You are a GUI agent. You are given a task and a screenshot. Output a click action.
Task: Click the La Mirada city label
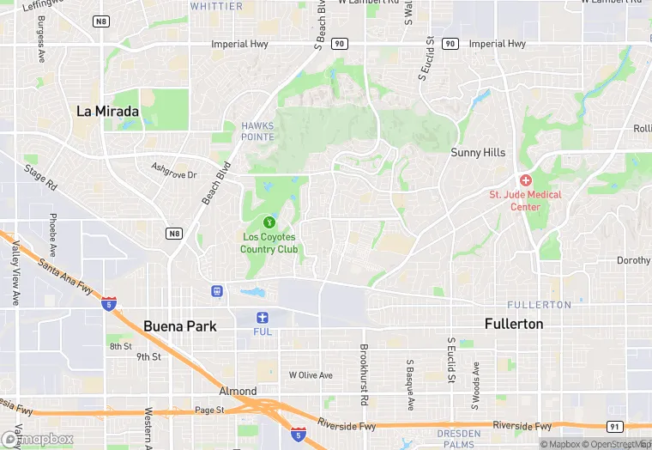tap(107, 111)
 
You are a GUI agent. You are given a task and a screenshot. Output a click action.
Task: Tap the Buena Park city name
tap(180, 326)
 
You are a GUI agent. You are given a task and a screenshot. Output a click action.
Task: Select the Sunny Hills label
tap(478, 152)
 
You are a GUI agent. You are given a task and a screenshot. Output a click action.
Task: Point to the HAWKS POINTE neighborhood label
tap(258, 131)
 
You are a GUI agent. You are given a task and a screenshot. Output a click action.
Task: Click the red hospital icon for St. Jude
tap(525, 181)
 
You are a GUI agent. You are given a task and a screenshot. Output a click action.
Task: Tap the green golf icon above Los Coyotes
tap(269, 222)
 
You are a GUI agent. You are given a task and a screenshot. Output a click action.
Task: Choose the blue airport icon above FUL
tap(263, 317)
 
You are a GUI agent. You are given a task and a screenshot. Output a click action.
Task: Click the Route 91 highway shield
tap(614, 426)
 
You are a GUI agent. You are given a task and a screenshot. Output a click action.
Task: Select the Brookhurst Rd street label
tap(364, 374)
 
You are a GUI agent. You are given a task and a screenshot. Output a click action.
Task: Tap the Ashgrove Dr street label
tap(174, 170)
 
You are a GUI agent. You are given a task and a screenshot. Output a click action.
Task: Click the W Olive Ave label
tap(311, 375)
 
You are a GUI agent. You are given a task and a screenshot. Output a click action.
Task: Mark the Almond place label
tap(238, 391)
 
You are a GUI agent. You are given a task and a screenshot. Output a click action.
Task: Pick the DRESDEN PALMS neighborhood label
tap(459, 439)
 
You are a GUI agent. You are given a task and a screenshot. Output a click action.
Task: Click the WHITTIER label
tap(216, 6)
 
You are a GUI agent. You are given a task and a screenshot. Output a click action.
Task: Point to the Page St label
tap(209, 410)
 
